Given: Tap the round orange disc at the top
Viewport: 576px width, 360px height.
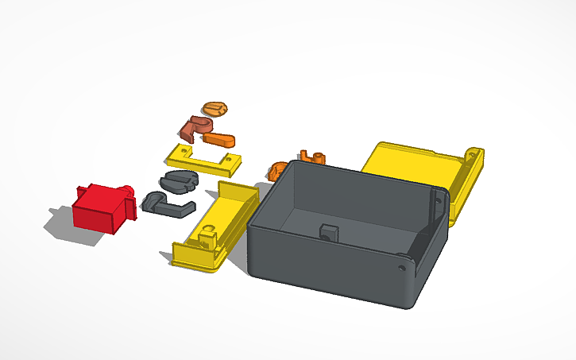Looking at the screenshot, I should point(215,108).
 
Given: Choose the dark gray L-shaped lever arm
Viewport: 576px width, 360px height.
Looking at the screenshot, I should point(168,204).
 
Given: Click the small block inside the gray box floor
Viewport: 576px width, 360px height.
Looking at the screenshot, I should point(328,232).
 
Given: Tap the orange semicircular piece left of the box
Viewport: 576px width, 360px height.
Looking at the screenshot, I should point(277,171).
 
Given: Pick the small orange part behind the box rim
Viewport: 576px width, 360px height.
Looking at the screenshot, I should point(312,156).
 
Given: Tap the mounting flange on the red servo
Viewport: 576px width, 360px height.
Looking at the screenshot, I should point(85,192).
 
